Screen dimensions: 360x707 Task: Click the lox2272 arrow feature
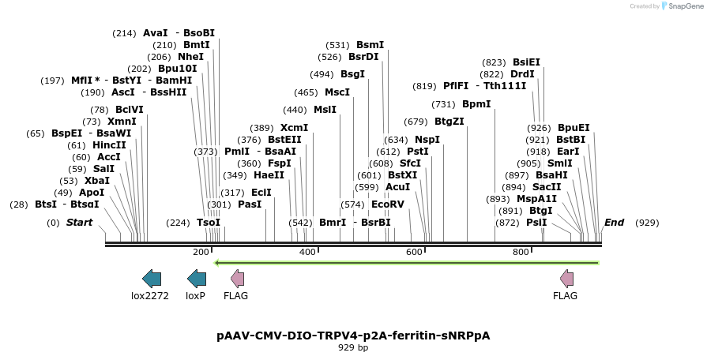(151, 278)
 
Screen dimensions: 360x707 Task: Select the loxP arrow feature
(196, 278)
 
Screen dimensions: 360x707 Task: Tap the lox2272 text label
(150, 296)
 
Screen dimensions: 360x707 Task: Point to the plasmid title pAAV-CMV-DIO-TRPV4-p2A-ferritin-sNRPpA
(353, 336)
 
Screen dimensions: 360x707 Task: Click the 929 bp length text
(353, 347)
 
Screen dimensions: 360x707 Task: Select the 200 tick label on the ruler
(201, 252)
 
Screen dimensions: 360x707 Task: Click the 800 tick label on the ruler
(521, 252)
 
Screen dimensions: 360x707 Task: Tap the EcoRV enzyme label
(387, 204)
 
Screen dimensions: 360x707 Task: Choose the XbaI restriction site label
(97, 181)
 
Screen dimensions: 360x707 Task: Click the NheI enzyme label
(190, 57)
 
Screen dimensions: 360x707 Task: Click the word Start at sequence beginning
(79, 223)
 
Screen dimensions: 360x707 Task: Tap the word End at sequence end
(614, 223)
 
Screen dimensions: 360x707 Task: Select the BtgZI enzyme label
(449, 122)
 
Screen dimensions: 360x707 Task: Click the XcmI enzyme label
(294, 128)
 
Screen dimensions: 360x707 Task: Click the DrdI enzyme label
(523, 74)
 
